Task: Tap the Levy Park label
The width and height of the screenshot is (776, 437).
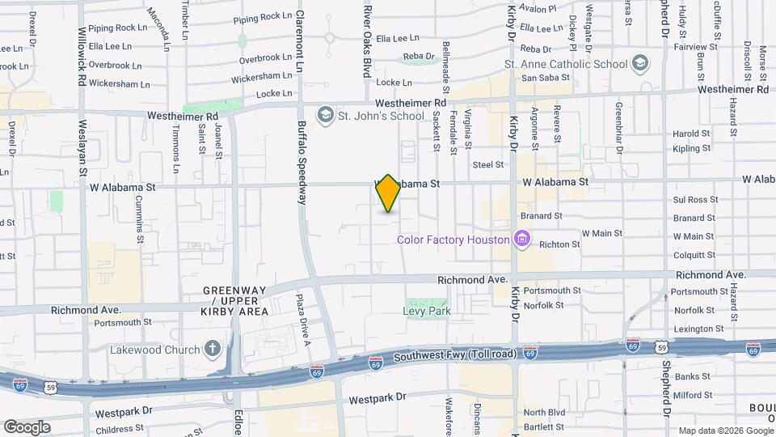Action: (x=426, y=311)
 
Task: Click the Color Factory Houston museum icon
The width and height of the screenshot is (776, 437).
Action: (x=522, y=239)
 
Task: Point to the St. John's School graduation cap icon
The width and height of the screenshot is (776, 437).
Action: (x=325, y=116)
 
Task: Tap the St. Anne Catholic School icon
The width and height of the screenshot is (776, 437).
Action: (x=640, y=63)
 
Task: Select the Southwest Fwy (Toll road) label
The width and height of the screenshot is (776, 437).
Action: (x=455, y=354)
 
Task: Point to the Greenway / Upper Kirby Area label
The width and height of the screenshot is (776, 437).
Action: (x=235, y=301)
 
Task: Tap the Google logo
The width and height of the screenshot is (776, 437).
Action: (x=26, y=426)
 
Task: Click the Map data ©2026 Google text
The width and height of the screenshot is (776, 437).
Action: (x=725, y=431)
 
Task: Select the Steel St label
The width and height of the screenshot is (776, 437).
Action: (x=488, y=164)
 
